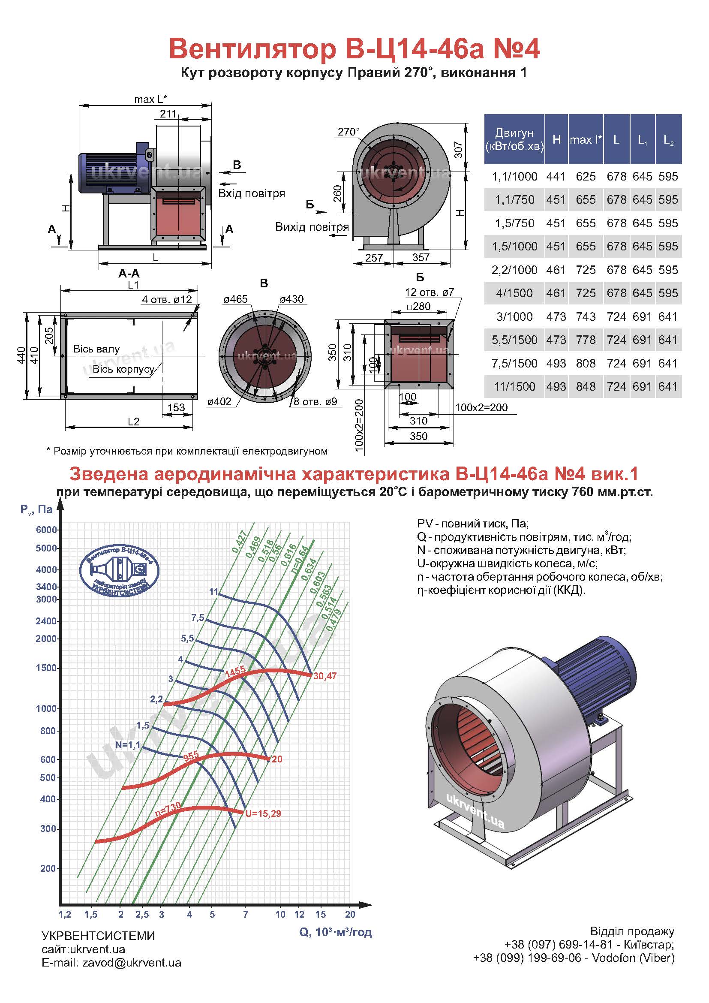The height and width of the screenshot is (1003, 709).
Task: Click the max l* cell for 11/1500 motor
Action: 586,387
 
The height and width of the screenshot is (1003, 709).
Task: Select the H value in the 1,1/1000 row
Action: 556,177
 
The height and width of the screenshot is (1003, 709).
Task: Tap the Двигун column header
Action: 514,139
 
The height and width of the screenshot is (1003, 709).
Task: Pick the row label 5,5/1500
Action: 514,340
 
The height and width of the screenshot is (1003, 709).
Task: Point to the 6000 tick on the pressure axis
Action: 46,530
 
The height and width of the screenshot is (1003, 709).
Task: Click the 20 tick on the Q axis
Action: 350,914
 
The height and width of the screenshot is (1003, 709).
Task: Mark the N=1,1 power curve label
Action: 128,745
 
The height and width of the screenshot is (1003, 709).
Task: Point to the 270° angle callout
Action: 349,132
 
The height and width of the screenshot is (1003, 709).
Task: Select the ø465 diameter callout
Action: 235,299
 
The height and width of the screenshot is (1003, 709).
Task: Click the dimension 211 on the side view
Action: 168,114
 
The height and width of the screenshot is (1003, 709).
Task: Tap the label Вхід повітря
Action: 252,193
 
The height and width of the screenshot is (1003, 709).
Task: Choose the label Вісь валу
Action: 96,349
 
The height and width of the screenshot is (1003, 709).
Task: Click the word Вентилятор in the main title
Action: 252,49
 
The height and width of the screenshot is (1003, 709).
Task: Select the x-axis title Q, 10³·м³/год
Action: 335,932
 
